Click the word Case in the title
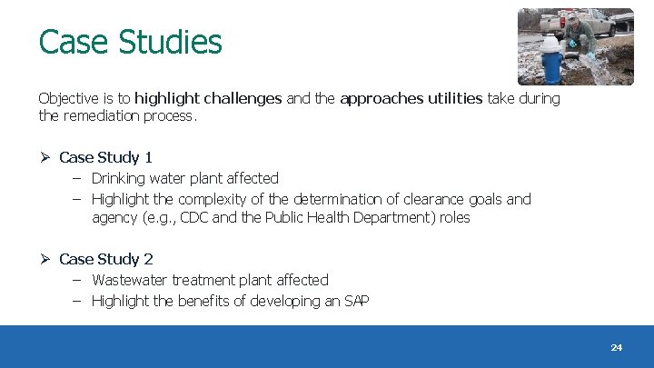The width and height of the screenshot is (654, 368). point(69,42)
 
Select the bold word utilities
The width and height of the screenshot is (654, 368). point(451,98)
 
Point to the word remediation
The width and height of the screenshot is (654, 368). point(107,115)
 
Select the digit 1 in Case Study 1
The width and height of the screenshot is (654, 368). point(148,157)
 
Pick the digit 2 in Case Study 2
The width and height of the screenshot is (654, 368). point(148,259)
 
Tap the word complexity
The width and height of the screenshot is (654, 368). point(212,199)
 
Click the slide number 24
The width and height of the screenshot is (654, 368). point(617,348)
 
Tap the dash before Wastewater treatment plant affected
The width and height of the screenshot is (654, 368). point(77,280)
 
